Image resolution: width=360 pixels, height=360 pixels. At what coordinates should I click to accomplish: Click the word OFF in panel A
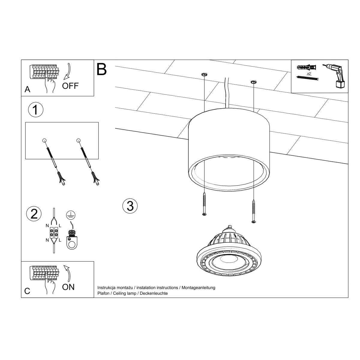pyautogui.click(x=70, y=86)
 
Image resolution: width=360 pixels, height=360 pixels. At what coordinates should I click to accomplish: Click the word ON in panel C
pyautogui.click(x=68, y=287)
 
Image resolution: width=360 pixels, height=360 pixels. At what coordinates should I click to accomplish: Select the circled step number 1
pyautogui.click(x=36, y=110)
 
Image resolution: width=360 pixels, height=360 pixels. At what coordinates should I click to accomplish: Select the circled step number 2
pyautogui.click(x=34, y=214)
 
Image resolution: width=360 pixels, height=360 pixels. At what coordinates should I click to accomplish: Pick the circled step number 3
pyautogui.click(x=130, y=206)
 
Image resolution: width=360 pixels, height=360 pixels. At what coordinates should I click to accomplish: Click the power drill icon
pyautogui.click(x=335, y=76)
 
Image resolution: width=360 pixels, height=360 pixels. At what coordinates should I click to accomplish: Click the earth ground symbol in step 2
pyautogui.click(x=71, y=215)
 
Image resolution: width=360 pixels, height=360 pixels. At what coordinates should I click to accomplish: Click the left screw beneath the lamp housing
pyautogui.click(x=204, y=204)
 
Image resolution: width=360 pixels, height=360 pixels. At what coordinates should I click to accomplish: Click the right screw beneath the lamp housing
pyautogui.click(x=254, y=211)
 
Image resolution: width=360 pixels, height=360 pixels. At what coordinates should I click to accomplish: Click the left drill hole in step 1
pyautogui.click(x=44, y=140)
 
